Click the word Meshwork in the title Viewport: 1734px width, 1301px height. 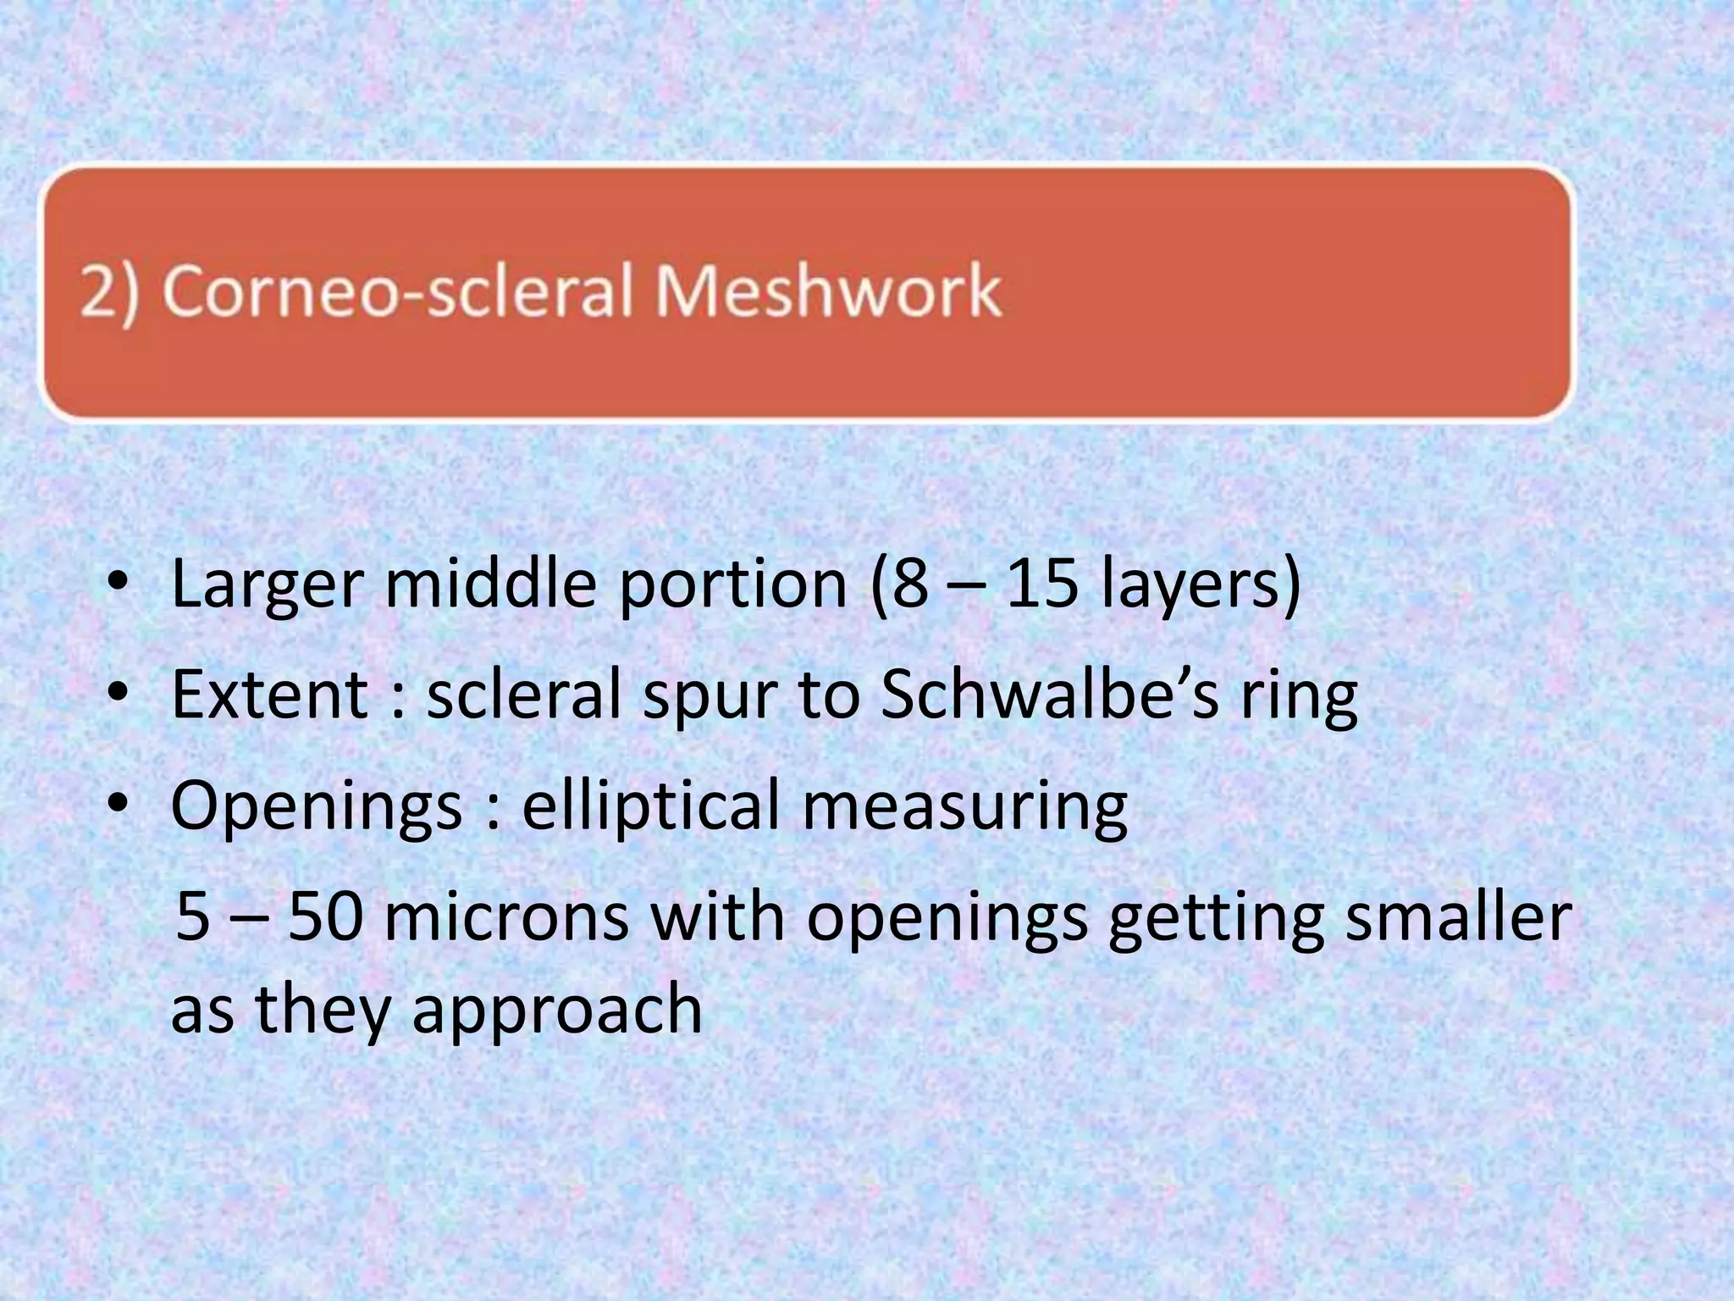(x=828, y=291)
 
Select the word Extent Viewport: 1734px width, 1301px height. (x=270, y=695)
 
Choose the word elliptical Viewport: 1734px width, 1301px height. (x=650, y=806)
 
